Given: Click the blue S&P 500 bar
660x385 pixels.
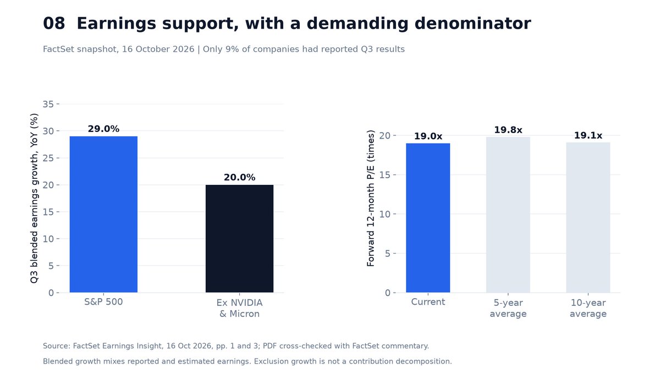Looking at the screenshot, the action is [103, 214].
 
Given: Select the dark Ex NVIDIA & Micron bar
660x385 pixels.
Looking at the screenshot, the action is [239, 239].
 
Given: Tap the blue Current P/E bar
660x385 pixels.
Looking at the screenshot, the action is [428, 218].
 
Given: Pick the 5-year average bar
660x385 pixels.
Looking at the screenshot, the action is [508, 215].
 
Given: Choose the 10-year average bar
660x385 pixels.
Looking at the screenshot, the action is [588, 217].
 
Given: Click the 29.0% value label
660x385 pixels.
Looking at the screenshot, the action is [103, 129].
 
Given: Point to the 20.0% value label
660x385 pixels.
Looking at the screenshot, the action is [240, 177].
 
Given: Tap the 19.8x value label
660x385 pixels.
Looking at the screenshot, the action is [508, 130].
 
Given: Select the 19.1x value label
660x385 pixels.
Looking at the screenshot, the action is [588, 135].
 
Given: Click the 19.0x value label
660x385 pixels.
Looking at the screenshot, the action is [428, 136].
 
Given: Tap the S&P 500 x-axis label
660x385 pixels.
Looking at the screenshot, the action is [103, 302].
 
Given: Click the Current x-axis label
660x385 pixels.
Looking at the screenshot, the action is [428, 302].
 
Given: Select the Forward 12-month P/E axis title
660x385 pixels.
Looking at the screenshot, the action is [370, 198].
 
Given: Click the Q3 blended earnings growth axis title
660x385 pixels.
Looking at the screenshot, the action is [34, 198].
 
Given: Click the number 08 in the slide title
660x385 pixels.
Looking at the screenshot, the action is [54, 24].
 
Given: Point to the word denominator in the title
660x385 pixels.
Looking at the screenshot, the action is [472, 24].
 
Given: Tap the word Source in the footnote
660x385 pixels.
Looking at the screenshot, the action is [57, 346].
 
